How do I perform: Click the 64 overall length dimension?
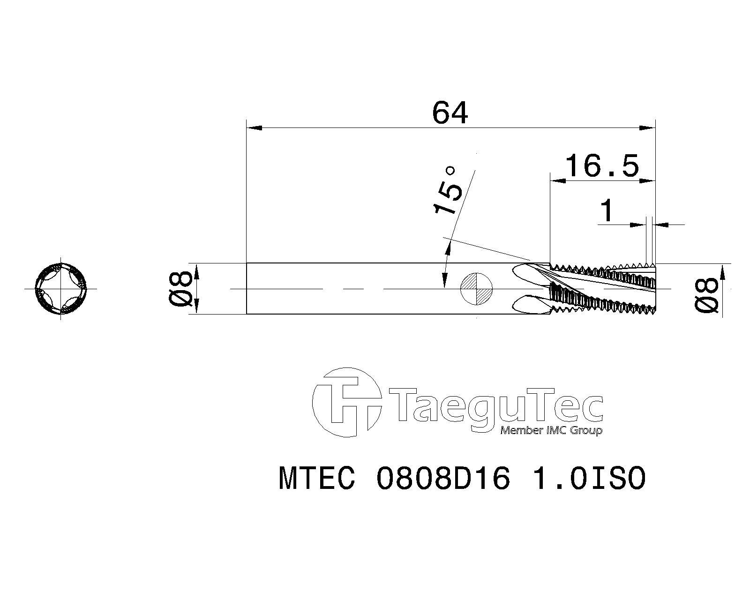[x=450, y=113]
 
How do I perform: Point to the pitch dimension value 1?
[x=607, y=210]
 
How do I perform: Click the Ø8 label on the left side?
[x=180, y=288]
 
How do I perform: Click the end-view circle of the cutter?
[x=61, y=288]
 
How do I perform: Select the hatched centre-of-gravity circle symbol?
[x=477, y=288]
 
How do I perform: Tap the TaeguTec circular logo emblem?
[x=346, y=402]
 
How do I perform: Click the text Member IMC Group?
[x=551, y=430]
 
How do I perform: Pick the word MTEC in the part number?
[x=317, y=479]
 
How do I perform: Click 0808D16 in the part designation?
[x=443, y=479]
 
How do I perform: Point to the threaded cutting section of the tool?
[x=605, y=288]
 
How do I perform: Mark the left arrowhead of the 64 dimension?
[x=254, y=127]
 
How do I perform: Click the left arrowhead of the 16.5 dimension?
[x=557, y=180]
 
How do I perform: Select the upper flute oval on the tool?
[x=530, y=272]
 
